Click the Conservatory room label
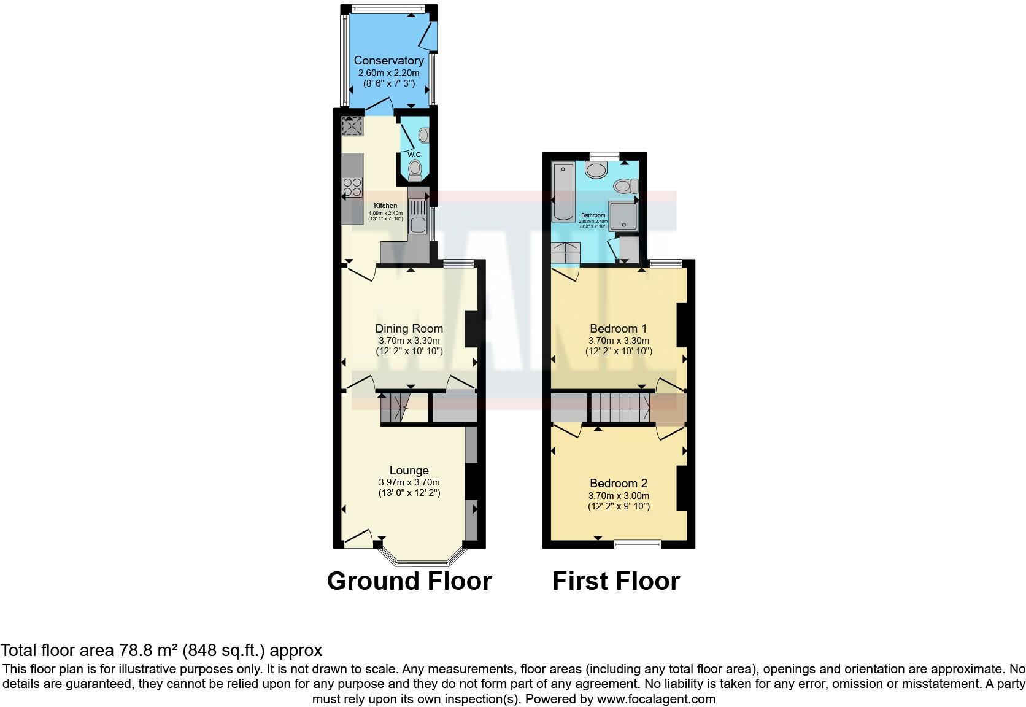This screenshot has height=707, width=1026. point(388,61)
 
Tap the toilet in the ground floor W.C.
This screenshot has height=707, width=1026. point(415,169)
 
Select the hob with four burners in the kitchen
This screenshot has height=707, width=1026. point(352,187)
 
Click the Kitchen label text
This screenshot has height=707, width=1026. point(385,206)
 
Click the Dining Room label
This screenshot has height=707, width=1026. point(409,329)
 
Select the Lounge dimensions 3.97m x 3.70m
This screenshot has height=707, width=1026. point(409,482)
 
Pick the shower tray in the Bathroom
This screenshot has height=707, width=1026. point(623,215)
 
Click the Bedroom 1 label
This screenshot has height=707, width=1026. point(618,329)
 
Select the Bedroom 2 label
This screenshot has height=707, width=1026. point(618,484)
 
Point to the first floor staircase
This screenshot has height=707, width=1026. point(620,407)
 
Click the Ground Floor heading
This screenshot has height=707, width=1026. point(409,581)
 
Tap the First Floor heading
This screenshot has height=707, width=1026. point(615,581)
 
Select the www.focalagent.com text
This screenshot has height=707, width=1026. point(655,699)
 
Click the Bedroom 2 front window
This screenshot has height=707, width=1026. point(638,544)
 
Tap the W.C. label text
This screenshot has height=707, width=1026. point(415,155)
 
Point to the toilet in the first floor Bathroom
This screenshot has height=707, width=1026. point(626,185)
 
